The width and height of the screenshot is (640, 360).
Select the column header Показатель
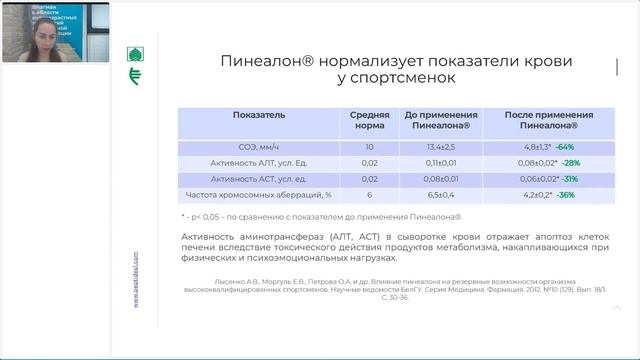(x=259, y=115)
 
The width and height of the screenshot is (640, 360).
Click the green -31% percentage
(x=567, y=178)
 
